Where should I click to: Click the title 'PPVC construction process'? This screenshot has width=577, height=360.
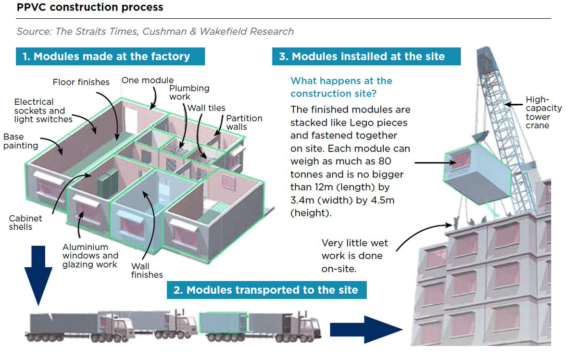click(90, 8)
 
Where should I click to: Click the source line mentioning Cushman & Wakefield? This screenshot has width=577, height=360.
click(155, 32)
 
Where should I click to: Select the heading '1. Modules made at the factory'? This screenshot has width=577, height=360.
click(110, 56)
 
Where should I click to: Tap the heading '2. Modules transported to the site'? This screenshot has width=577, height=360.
click(266, 290)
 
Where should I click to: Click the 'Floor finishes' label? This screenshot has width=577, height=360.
click(81, 82)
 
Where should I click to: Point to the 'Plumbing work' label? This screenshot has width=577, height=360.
click(189, 92)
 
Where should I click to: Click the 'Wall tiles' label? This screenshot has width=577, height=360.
click(206, 108)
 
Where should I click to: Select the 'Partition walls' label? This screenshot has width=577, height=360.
click(244, 122)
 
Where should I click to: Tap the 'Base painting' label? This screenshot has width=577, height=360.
click(21, 141)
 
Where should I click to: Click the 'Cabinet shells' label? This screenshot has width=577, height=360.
click(25, 222)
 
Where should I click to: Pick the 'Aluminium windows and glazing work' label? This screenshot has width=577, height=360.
click(90, 256)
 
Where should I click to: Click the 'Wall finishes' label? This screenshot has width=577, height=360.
click(147, 270)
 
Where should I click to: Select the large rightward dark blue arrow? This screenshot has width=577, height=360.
click(365, 330)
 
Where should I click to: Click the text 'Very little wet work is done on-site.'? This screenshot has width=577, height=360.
click(354, 256)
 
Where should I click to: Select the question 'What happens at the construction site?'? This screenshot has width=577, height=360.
click(341, 87)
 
